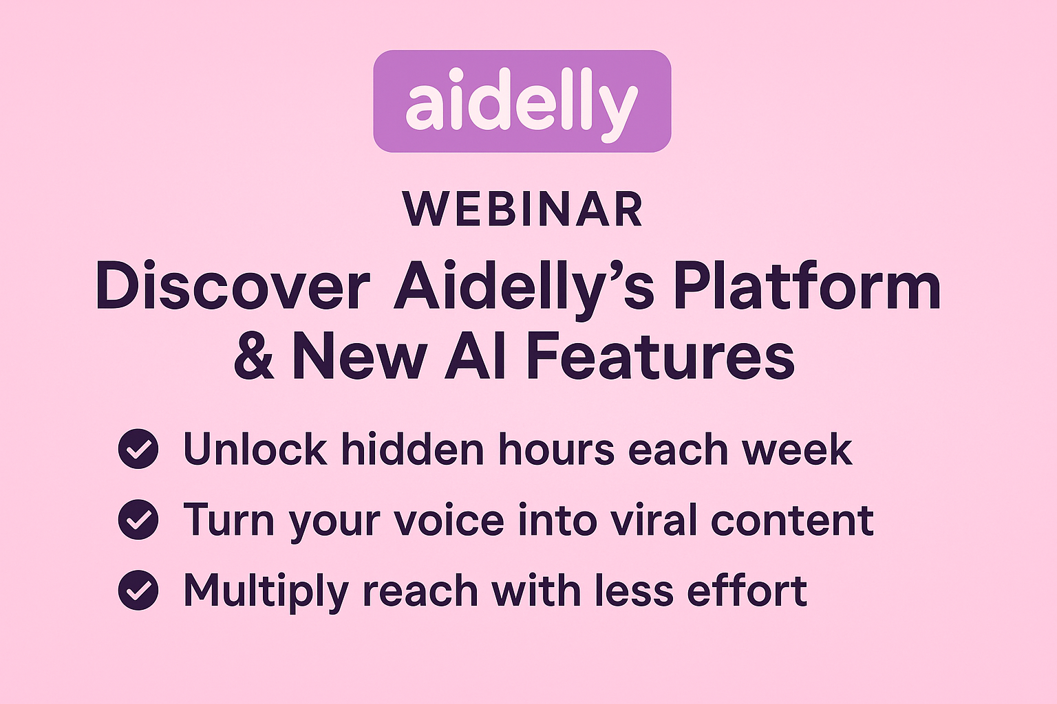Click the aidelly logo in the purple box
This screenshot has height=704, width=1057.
pos(522,101)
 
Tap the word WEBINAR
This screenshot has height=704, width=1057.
pos(523,210)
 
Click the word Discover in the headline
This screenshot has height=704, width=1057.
pos(233,286)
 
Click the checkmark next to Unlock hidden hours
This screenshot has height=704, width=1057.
pos(138,448)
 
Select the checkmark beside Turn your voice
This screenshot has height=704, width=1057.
pos(138,519)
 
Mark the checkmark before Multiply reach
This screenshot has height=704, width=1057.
pos(138,590)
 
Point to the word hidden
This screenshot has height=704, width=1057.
pos(412,448)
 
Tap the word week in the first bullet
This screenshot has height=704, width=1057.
pos(797,450)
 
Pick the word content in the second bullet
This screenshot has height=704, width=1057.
pos(792,520)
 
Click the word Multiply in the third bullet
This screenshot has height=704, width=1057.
pos(266,592)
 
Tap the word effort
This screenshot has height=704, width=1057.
pos(747,590)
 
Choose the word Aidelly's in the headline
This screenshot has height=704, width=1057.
pos(524,287)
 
